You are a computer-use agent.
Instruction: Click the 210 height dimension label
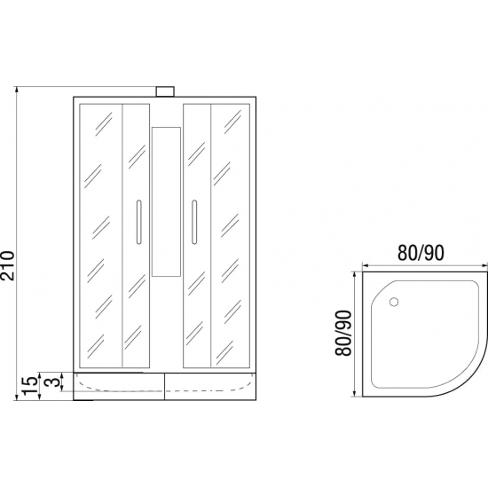click(x=7, y=265)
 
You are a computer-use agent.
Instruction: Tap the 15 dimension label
click(x=30, y=386)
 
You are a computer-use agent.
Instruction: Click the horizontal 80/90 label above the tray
click(x=421, y=253)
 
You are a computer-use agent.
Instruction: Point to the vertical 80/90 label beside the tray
click(x=344, y=334)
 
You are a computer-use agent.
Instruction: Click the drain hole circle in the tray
click(x=394, y=302)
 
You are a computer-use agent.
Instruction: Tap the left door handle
click(x=138, y=222)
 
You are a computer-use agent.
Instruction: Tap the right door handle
click(x=194, y=222)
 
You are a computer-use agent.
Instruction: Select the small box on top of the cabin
click(x=165, y=91)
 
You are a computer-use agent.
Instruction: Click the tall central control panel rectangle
click(x=166, y=201)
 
